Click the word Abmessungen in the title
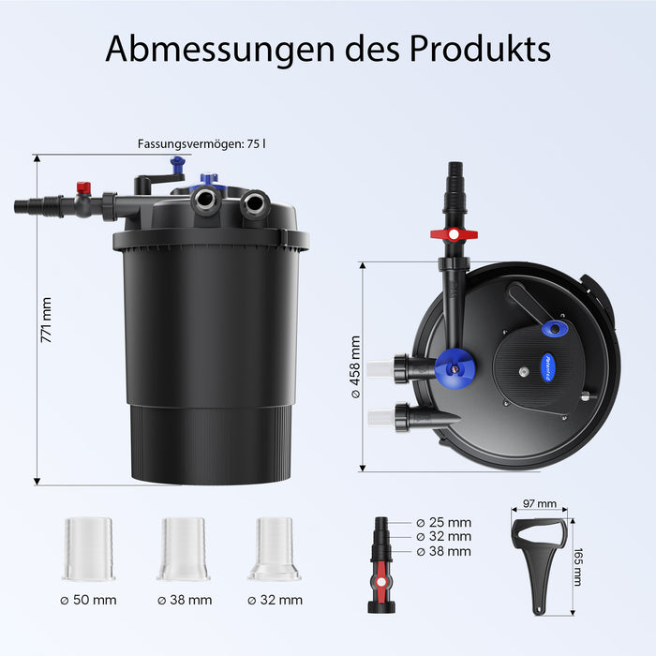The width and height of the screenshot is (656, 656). tap(220, 49)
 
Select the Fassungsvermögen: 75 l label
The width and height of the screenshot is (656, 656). tap(201, 144)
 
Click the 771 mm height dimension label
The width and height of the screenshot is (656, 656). tap(46, 321)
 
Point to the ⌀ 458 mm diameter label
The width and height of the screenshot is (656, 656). tap(355, 367)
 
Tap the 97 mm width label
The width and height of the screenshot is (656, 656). tap(540, 503)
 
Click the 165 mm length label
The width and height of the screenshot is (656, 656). tap(577, 567)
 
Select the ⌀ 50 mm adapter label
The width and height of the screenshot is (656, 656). tap(88, 600)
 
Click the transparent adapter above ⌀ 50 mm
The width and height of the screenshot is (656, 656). tap(89, 549)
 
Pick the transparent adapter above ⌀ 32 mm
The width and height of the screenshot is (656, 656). tap(274, 549)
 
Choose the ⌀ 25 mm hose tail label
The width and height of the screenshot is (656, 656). tap(444, 523)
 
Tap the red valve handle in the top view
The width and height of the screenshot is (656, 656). tap(454, 234)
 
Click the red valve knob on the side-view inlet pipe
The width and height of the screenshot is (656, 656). tap(83, 187)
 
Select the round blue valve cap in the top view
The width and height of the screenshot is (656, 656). tap(455, 368)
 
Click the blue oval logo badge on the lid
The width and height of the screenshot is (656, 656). tap(548, 367)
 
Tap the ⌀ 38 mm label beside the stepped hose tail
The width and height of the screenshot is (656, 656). tap(444, 551)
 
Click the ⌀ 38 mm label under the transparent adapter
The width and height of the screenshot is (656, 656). tap(185, 600)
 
